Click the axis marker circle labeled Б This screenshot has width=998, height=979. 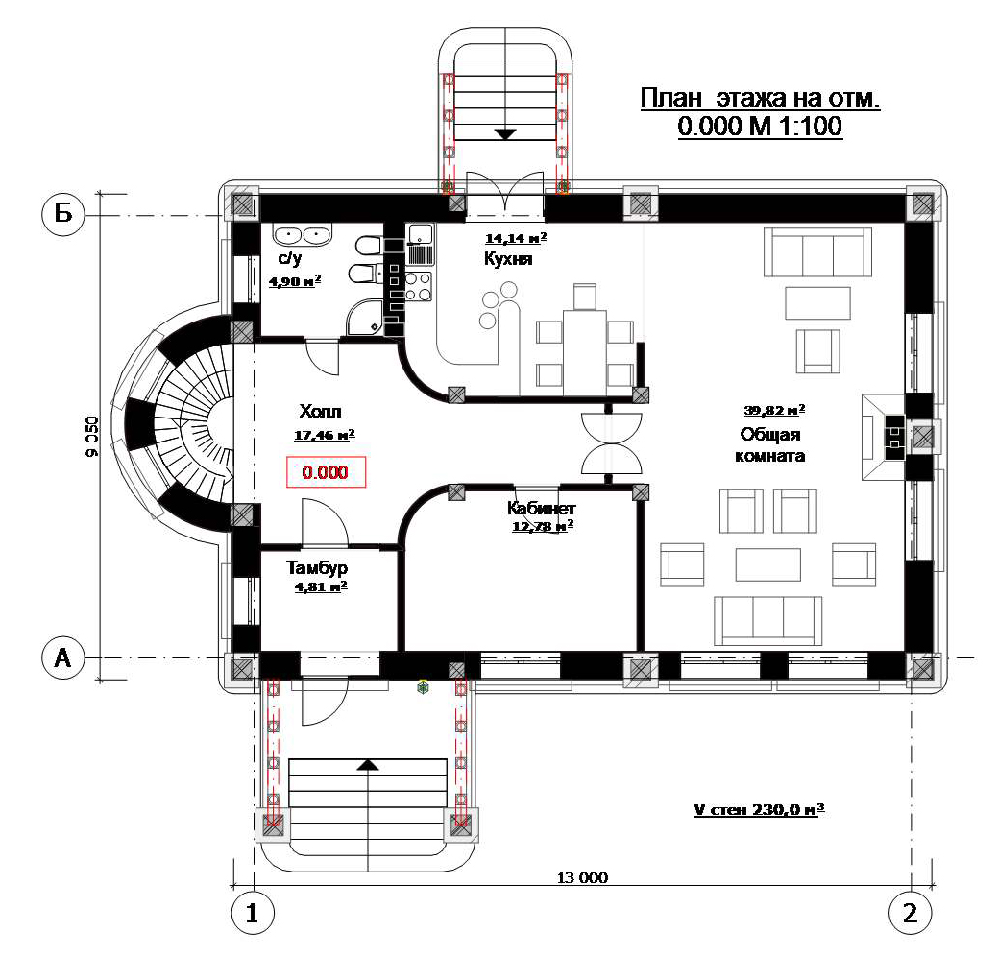point(63,214)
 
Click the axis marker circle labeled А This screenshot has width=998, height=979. point(63,657)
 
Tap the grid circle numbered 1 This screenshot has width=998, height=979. point(253,913)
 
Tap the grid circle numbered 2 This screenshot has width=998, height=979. point(911,913)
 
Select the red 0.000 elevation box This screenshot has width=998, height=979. point(326,472)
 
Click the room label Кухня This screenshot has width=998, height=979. point(508,259)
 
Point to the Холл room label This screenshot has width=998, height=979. point(320,411)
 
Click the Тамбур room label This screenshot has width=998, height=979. point(316,567)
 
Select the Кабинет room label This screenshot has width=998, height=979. point(541,509)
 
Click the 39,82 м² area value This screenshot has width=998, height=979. point(774,410)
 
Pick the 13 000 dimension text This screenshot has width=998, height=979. point(582,878)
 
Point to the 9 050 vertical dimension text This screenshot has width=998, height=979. point(92,437)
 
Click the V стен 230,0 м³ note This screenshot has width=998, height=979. point(759,810)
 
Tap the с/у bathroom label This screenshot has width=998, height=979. point(289,257)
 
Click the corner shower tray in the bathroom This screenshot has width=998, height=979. point(365,317)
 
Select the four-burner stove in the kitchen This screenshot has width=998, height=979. point(419,286)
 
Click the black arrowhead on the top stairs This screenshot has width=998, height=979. point(505,134)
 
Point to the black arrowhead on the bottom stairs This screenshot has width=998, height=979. point(367,764)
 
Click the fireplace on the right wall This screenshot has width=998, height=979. point(884,437)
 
